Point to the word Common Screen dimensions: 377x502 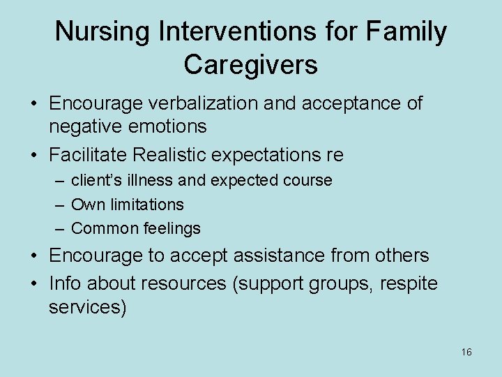(x=98, y=228)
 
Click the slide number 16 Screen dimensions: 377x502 (x=466, y=353)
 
